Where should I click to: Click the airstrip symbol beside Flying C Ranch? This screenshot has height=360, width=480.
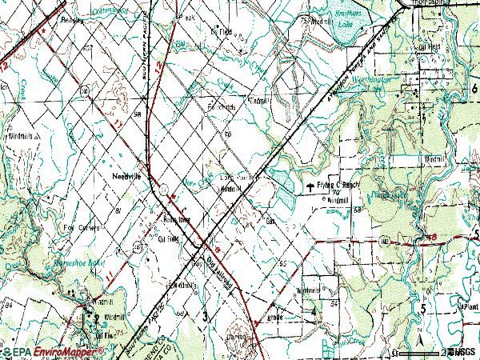(309, 188)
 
